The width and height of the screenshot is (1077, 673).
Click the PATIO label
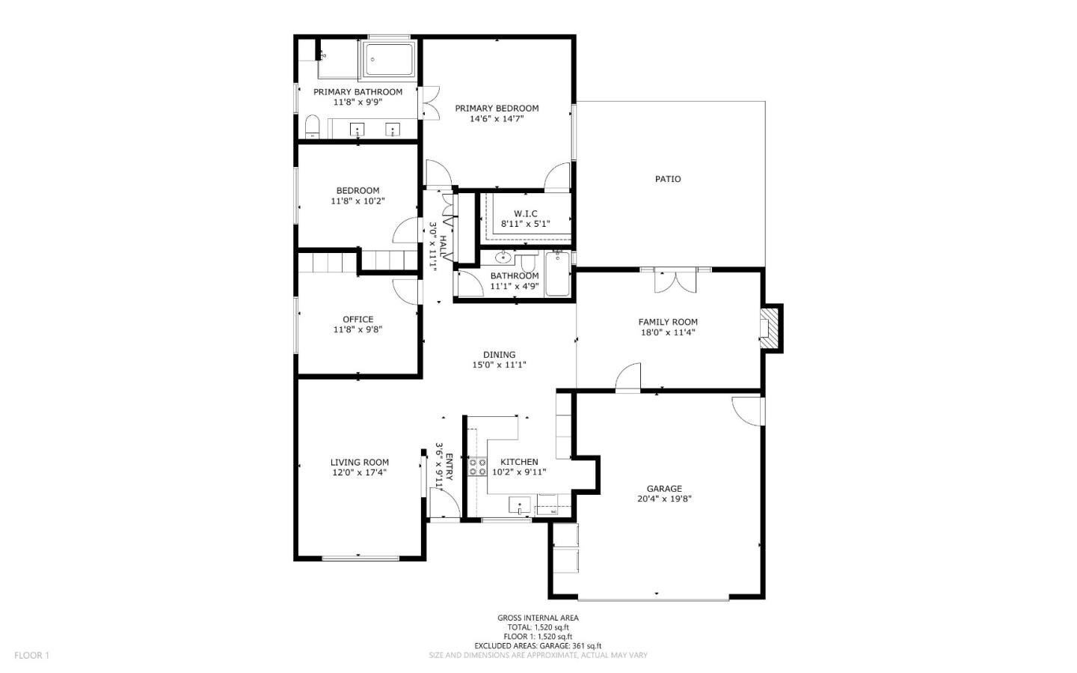(x=668, y=179)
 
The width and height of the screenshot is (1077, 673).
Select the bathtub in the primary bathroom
(x=389, y=59)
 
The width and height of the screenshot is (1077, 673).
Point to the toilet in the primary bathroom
(x=312, y=127)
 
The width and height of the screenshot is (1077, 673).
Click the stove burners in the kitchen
(x=477, y=467)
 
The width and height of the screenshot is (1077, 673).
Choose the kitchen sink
(x=519, y=505)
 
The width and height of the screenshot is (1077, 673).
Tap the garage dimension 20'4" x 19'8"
(x=664, y=499)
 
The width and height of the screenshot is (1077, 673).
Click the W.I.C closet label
(x=526, y=213)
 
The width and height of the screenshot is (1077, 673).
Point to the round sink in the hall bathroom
(x=503, y=257)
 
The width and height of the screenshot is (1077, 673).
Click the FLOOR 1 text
(x=31, y=655)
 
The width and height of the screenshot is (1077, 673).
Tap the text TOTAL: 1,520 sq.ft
(x=538, y=627)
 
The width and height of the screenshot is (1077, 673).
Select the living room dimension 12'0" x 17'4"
(x=359, y=472)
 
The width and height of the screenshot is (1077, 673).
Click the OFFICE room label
(x=358, y=319)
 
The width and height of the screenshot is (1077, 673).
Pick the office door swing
(x=405, y=291)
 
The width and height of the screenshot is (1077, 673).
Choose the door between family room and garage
(x=628, y=377)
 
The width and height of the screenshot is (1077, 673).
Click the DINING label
(x=499, y=355)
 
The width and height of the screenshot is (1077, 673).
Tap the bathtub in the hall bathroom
(x=558, y=274)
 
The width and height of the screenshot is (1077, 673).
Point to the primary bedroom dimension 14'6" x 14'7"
(x=497, y=118)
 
